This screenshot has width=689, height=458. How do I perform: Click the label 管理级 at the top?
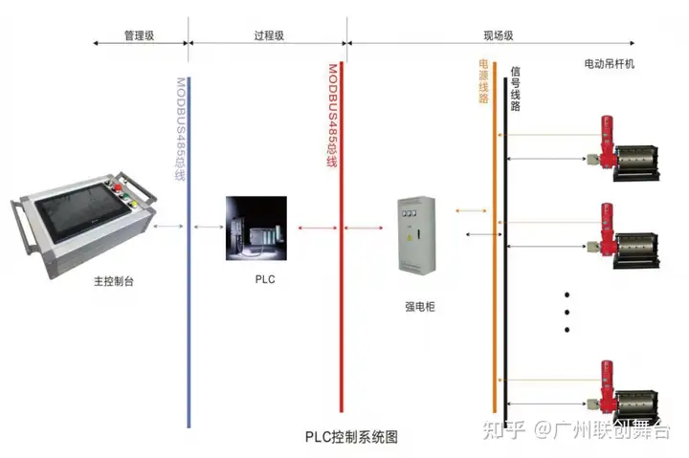[139, 35]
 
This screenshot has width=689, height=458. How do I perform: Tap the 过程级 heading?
[269, 35]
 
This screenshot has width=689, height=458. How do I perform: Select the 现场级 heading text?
[499, 35]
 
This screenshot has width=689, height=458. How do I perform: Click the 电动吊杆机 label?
[609, 64]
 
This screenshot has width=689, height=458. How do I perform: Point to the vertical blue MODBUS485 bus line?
[189, 252]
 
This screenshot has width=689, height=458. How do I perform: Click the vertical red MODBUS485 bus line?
[342, 237]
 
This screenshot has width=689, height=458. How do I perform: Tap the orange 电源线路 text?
[483, 81]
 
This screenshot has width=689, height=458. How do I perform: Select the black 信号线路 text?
[516, 88]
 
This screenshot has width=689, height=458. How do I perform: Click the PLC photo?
[256, 229]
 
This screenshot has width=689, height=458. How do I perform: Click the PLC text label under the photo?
[265, 279]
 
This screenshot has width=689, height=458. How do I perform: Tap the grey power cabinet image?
[416, 235]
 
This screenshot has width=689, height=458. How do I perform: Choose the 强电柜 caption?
[420, 307]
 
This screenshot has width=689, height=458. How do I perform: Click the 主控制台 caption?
[113, 281]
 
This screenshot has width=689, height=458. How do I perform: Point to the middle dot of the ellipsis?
[567, 313]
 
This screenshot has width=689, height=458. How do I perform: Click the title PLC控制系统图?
[351, 437]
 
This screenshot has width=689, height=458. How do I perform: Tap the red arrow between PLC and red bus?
[318, 228]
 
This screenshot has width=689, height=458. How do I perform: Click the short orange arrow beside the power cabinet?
[471, 210]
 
